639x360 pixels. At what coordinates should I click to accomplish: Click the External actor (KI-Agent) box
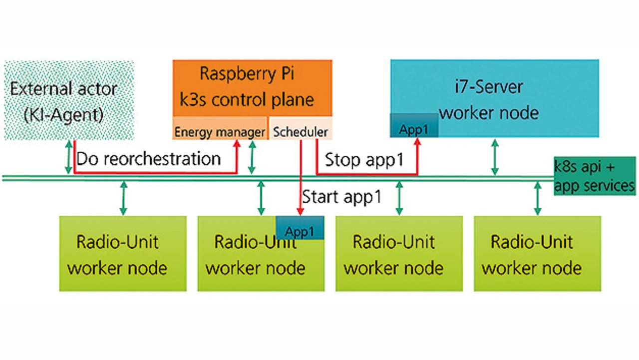[x=69, y=100]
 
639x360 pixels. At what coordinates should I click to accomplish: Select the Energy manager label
[x=220, y=132]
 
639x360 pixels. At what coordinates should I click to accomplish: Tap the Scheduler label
[x=301, y=132]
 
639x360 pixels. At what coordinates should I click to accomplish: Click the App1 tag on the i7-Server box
[x=413, y=129]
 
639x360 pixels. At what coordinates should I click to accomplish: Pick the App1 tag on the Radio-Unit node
[x=300, y=231]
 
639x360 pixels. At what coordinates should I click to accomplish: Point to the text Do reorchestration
[x=148, y=159]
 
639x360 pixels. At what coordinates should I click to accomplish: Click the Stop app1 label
[x=364, y=160]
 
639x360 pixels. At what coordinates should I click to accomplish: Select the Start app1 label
[x=342, y=196]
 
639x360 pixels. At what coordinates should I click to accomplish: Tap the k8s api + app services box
[x=595, y=176]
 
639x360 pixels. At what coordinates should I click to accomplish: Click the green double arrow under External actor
[x=69, y=157]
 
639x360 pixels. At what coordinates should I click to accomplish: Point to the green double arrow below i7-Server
[x=495, y=157]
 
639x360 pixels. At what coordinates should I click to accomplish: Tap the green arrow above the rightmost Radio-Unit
[x=537, y=198]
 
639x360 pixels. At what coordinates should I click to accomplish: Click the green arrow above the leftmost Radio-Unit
[x=123, y=198]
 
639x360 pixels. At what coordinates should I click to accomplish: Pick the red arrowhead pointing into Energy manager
[x=237, y=143]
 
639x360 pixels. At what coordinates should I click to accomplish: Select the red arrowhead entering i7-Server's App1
[x=417, y=141]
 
